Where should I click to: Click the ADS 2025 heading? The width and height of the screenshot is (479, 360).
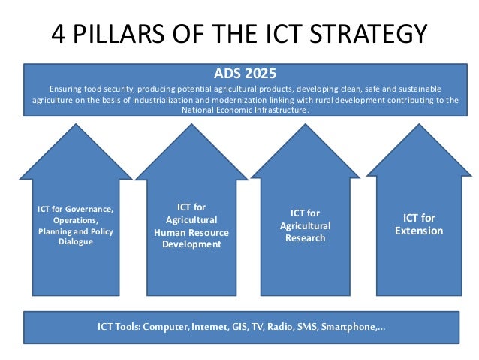[x=246, y=74]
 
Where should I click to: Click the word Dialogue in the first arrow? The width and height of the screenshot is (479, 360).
[x=75, y=242]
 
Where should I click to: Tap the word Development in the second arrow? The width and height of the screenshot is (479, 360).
[x=191, y=244]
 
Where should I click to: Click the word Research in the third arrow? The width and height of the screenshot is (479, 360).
[x=305, y=238]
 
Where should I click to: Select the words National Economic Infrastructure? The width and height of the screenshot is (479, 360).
[x=244, y=110]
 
